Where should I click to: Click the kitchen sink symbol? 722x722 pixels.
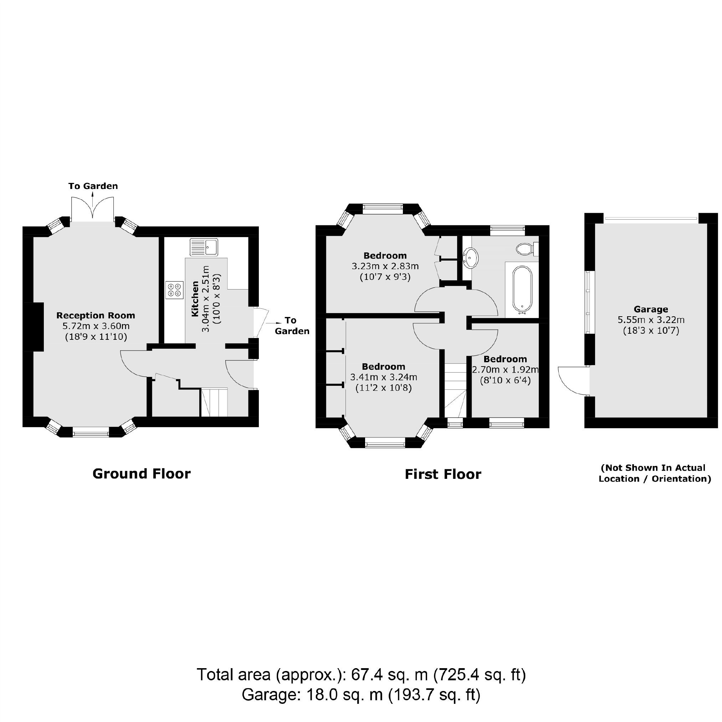coord(204,247)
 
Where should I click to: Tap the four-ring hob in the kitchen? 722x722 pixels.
coord(174,290)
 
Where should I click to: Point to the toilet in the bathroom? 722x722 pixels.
coord(527,249)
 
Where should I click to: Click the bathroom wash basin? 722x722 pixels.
coord(470,257)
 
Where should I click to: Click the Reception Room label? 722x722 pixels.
coord(96,316)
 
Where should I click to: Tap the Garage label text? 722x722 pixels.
coord(651,309)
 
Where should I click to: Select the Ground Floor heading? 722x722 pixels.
coord(141,474)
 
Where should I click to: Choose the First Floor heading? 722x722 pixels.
coord(443,474)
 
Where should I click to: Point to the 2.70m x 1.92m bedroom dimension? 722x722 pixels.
coord(505,370)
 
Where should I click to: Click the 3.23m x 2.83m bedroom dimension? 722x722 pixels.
coord(385,266)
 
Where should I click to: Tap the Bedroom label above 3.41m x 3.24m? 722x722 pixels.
coord(383,367)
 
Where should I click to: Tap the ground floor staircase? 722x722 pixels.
coord(214,403)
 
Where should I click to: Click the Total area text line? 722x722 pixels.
coord(361,675)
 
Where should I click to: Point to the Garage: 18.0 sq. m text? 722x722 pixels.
coord(361,695)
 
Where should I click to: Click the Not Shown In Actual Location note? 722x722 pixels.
coord(654,473)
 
